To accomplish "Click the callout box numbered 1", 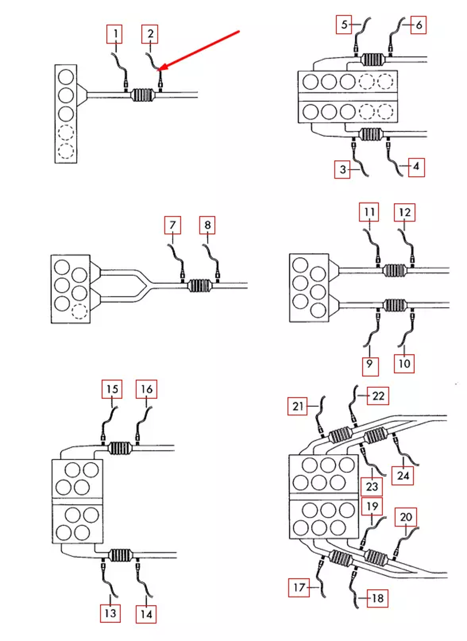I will click(x=114, y=34).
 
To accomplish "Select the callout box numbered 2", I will click(x=150, y=34).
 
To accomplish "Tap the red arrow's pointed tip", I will click(x=160, y=71).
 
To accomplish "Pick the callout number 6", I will click(x=418, y=25).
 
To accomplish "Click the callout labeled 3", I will click(x=343, y=170).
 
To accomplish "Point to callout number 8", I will click(x=207, y=225).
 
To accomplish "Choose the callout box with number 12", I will click(x=404, y=212).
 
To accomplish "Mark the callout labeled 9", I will click(x=370, y=363).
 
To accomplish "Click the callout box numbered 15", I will click(x=112, y=389).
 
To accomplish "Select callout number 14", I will click(x=146, y=614).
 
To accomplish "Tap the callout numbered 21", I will click(x=297, y=406).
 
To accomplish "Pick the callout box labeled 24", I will click(x=403, y=476).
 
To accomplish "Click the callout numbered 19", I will click(x=372, y=506).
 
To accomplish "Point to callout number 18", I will click(x=377, y=598).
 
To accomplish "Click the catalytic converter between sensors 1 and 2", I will click(x=142, y=95).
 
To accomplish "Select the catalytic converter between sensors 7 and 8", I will click(x=199, y=285).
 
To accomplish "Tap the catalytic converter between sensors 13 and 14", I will click(x=120, y=556).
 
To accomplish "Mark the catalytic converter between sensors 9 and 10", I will click(x=395, y=306).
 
